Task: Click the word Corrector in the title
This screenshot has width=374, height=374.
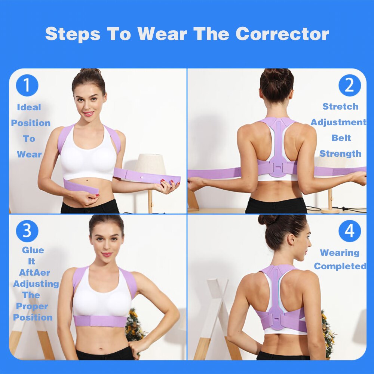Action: pyautogui.click(x=282, y=34)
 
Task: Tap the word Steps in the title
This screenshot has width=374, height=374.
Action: pyautogui.click(x=73, y=34)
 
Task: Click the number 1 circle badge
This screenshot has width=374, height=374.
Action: pyautogui.click(x=27, y=85)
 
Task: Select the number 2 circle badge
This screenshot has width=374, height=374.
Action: pyautogui.click(x=349, y=85)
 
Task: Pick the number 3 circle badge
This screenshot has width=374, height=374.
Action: pyautogui.click(x=27, y=231)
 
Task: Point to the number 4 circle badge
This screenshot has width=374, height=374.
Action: pyautogui.click(x=349, y=231)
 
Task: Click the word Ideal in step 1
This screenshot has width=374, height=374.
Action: pyautogui.click(x=29, y=107)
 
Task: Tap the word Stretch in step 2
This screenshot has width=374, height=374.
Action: pyautogui.click(x=340, y=107)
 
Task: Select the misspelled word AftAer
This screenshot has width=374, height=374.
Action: pyautogui.click(x=34, y=273)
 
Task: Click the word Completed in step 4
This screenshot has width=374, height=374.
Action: pyautogui.click(x=340, y=266)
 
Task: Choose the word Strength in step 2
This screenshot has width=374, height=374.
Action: pyautogui.click(x=340, y=154)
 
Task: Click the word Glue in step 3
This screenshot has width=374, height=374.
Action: pyautogui.click(x=33, y=250)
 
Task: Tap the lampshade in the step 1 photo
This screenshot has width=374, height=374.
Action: pyautogui.click(x=150, y=164)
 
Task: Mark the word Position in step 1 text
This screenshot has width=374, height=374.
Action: pyautogui.click(x=31, y=123)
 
